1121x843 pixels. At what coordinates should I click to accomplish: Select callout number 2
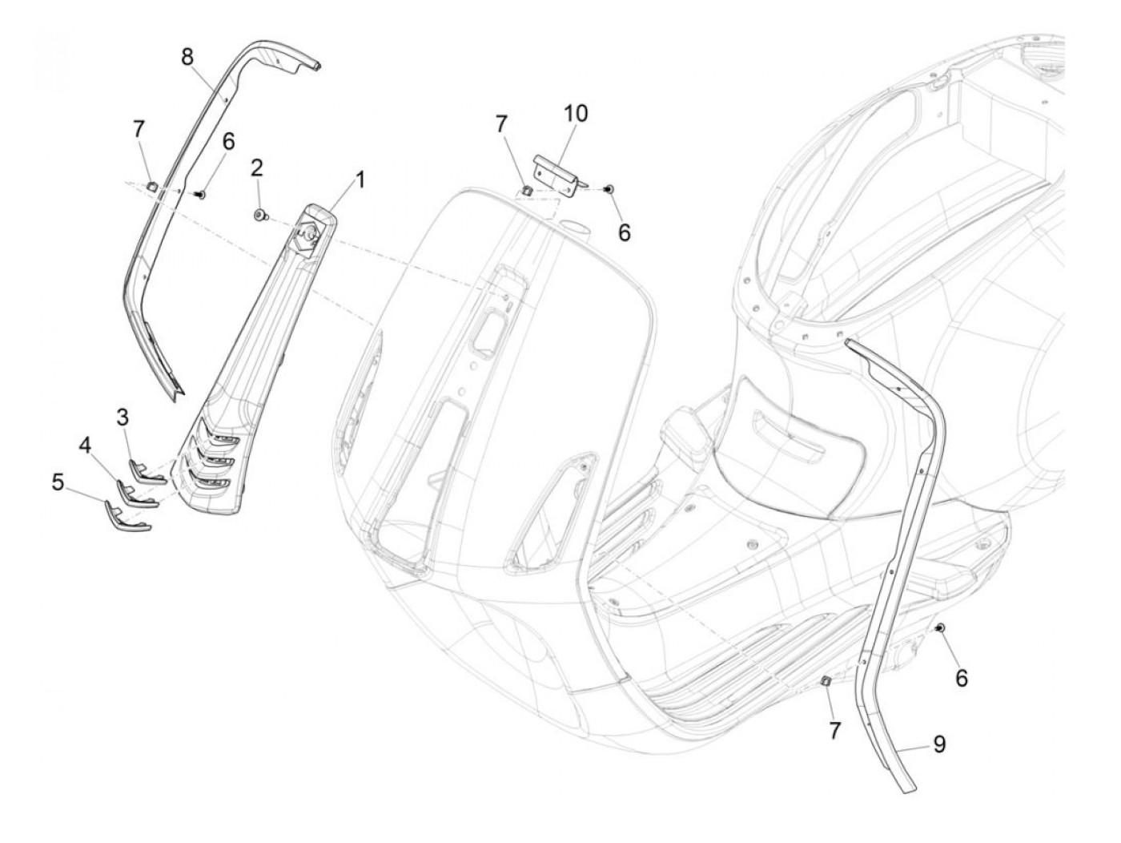pos(257,169)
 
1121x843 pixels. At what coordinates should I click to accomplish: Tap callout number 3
pos(123,417)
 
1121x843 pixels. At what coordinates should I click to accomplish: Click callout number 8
pos(187,57)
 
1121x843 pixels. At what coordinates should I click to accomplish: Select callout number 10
pos(576,114)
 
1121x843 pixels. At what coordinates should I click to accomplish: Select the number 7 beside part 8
pos(139,127)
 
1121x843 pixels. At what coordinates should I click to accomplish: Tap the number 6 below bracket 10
pos(625,232)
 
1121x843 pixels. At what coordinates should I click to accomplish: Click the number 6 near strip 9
pos(962,678)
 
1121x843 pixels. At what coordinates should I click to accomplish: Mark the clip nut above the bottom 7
pos(826,681)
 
